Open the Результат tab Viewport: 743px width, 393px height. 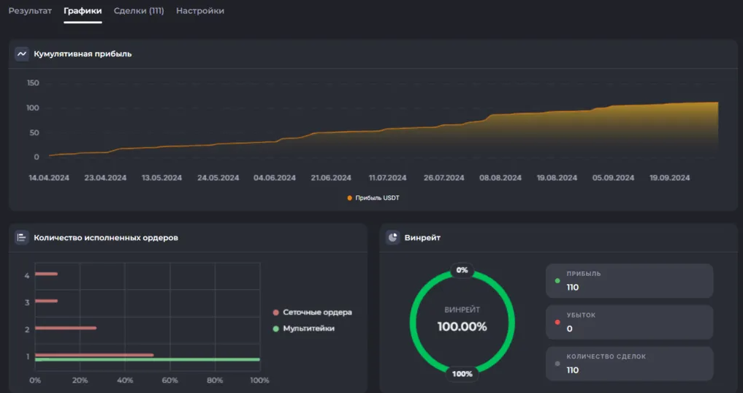(x=30, y=10)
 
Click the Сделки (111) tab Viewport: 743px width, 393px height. (x=139, y=10)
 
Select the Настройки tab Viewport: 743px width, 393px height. (x=200, y=10)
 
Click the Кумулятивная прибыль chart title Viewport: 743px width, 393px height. (x=83, y=54)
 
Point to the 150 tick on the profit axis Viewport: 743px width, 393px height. (x=33, y=83)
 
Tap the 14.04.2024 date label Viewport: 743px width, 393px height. (x=49, y=178)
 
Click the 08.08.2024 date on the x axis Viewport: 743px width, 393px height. (x=500, y=178)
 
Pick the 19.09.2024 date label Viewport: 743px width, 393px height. (x=669, y=178)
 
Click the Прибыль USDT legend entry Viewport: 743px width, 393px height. (x=373, y=198)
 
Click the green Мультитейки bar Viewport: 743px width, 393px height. (x=148, y=360)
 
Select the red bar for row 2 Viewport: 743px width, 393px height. (x=66, y=328)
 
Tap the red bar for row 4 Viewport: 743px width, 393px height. (x=46, y=274)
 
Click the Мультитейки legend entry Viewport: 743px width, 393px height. (x=304, y=329)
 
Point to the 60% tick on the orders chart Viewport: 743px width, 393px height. (x=169, y=380)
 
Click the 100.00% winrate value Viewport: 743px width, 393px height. (x=462, y=326)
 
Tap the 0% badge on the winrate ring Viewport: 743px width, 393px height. (x=462, y=270)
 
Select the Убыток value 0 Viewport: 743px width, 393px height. (x=570, y=329)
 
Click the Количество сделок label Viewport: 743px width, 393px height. (x=606, y=356)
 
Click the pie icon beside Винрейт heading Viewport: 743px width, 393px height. (x=393, y=237)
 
